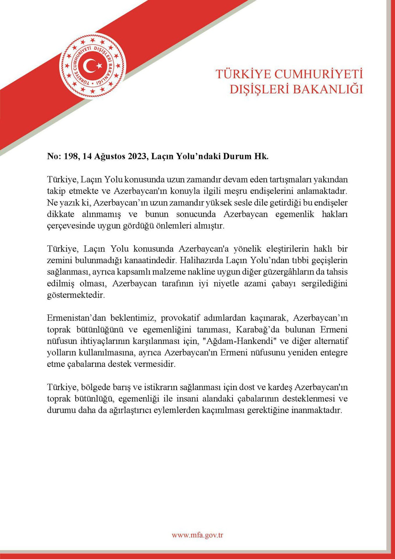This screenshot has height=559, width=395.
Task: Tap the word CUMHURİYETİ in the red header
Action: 319,74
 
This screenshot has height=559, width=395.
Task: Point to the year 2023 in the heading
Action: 137,156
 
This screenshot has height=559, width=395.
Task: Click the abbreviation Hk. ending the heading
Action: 262,156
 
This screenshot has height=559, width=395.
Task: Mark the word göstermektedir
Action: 76,295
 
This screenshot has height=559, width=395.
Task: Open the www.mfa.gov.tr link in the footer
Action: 198,535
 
